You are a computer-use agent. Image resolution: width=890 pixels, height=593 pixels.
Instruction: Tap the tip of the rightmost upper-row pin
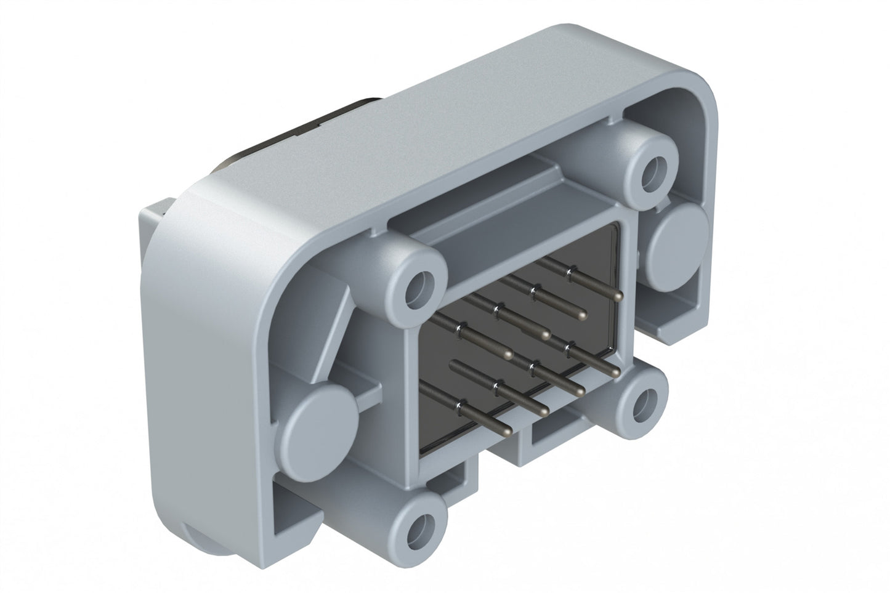pyautogui.click(x=617, y=296)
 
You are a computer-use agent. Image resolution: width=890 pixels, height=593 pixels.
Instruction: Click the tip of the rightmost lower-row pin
pyautogui.click(x=615, y=373)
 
